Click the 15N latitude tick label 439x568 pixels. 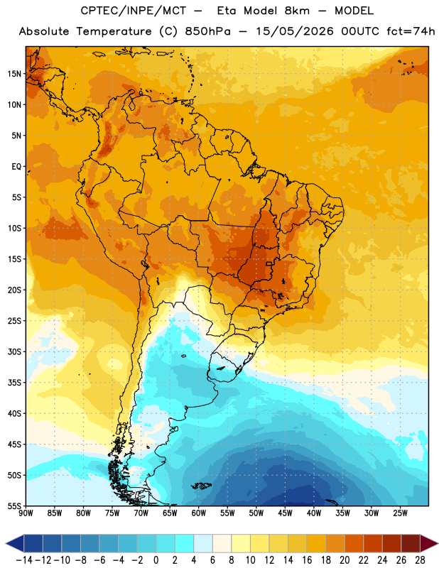point(14,74)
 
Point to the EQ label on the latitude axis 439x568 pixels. point(16,167)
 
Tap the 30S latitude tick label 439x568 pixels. point(14,351)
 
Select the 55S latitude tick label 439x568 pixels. point(14,506)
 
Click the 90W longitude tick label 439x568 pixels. point(26,513)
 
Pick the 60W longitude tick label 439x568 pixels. point(199,513)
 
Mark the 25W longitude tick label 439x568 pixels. point(400,513)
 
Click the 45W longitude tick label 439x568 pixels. point(285,513)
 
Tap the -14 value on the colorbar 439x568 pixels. point(24,560)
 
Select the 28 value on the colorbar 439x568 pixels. point(420,560)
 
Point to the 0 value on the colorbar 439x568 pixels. point(156,560)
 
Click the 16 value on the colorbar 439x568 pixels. point(307,560)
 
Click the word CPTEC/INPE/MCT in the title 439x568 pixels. point(133,11)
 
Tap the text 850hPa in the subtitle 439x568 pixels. point(207,31)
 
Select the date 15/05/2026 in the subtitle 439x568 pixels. point(295,31)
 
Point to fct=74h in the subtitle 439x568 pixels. point(411,31)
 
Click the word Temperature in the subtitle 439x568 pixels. point(114,31)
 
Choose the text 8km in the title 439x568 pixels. point(297,11)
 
